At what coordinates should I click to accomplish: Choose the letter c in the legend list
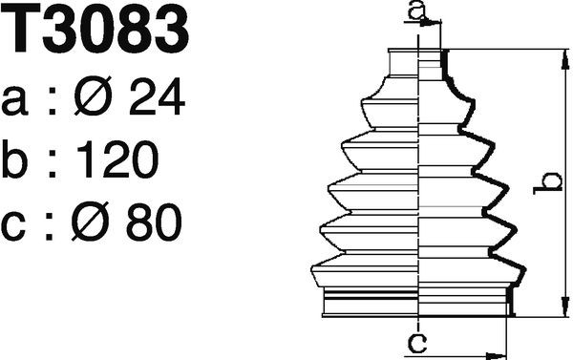point(17,226)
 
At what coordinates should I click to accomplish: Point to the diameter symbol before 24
point(92,98)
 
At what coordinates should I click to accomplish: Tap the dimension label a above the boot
point(414,11)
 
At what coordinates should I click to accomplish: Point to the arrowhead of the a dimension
point(435,27)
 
